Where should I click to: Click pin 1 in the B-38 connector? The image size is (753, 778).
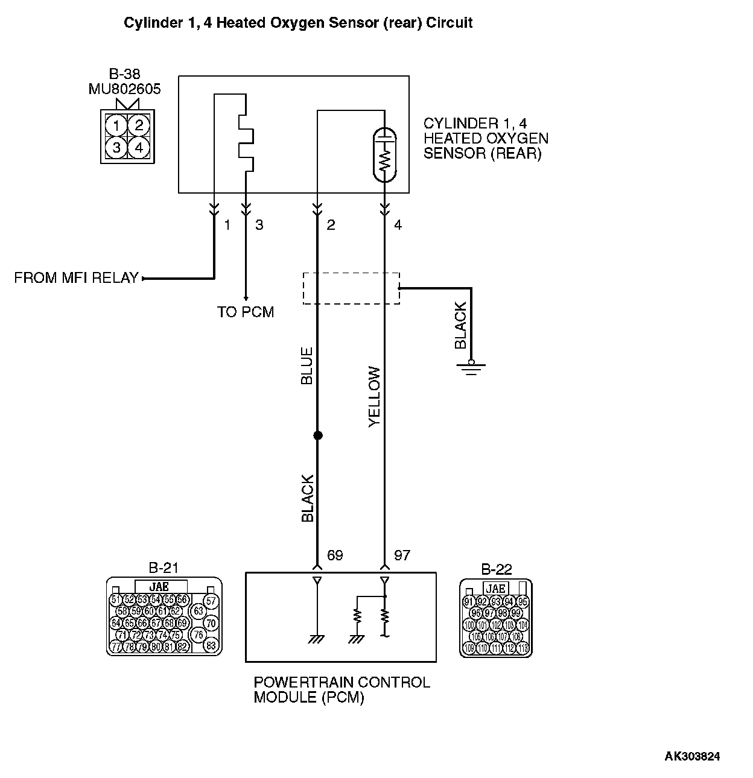pos(116,126)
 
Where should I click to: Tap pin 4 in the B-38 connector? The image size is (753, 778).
pos(139,147)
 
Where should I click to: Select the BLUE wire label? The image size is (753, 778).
pos(307,366)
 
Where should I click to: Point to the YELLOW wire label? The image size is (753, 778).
pos(375,397)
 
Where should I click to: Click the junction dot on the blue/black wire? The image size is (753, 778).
pos(317,435)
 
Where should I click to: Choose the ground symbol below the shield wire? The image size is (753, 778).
pos(471,367)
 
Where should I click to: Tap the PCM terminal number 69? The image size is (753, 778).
pos(334,555)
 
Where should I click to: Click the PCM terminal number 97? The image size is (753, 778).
pos(402,555)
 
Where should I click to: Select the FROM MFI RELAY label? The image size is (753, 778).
pos(76,278)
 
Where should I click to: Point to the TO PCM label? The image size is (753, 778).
pos(246,312)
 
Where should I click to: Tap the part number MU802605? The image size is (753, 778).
pos(125,89)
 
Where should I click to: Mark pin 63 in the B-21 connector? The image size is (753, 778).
pos(199,611)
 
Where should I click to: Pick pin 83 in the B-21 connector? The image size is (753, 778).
pos(211,645)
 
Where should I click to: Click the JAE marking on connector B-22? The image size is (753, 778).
pos(495,589)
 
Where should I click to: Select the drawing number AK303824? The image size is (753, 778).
pos(692,756)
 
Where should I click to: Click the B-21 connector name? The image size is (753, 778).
pos(164,568)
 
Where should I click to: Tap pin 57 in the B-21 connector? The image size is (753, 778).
pos(211,601)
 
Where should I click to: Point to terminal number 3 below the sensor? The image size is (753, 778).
pos(259,225)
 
